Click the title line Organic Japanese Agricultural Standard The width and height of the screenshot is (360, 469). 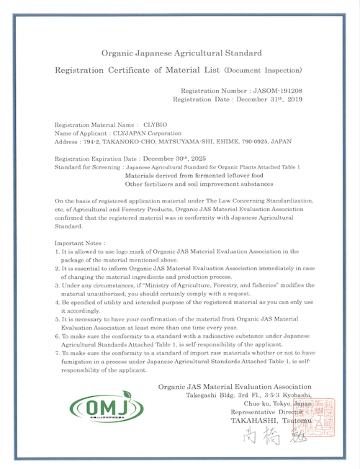click(x=181, y=53)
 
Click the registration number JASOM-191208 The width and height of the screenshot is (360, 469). click(x=278, y=91)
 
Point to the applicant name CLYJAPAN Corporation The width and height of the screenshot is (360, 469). click(x=148, y=133)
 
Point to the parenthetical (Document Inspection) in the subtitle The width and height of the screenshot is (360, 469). click(x=263, y=71)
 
